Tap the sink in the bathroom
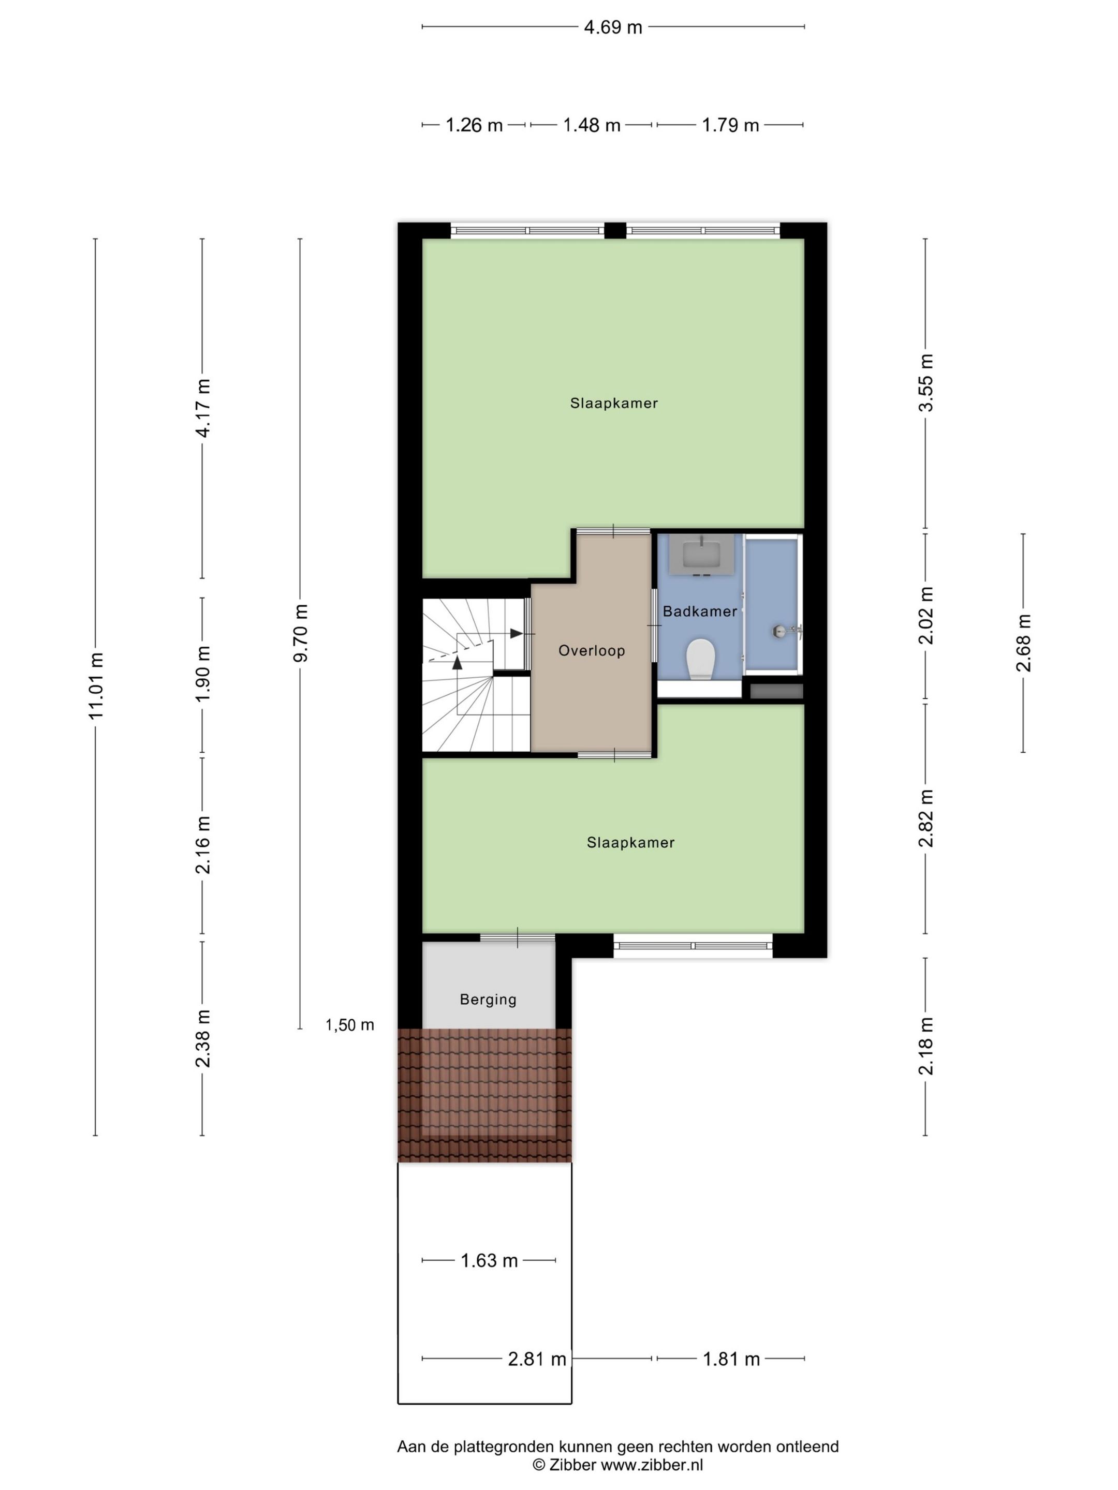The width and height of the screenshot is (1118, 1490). coord(700,555)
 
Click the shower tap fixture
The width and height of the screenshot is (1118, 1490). coord(786,631)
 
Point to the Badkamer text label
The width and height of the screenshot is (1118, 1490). coord(699,611)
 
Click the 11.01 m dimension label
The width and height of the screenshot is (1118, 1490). coord(96,686)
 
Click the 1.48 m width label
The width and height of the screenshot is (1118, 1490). coord(592,125)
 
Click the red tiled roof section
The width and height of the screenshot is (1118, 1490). coord(484,1095)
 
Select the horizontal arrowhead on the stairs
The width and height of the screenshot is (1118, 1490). coord(516,633)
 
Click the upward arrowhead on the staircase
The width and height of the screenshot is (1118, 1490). coord(458,662)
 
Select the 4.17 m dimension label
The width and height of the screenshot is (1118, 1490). coord(203,408)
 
